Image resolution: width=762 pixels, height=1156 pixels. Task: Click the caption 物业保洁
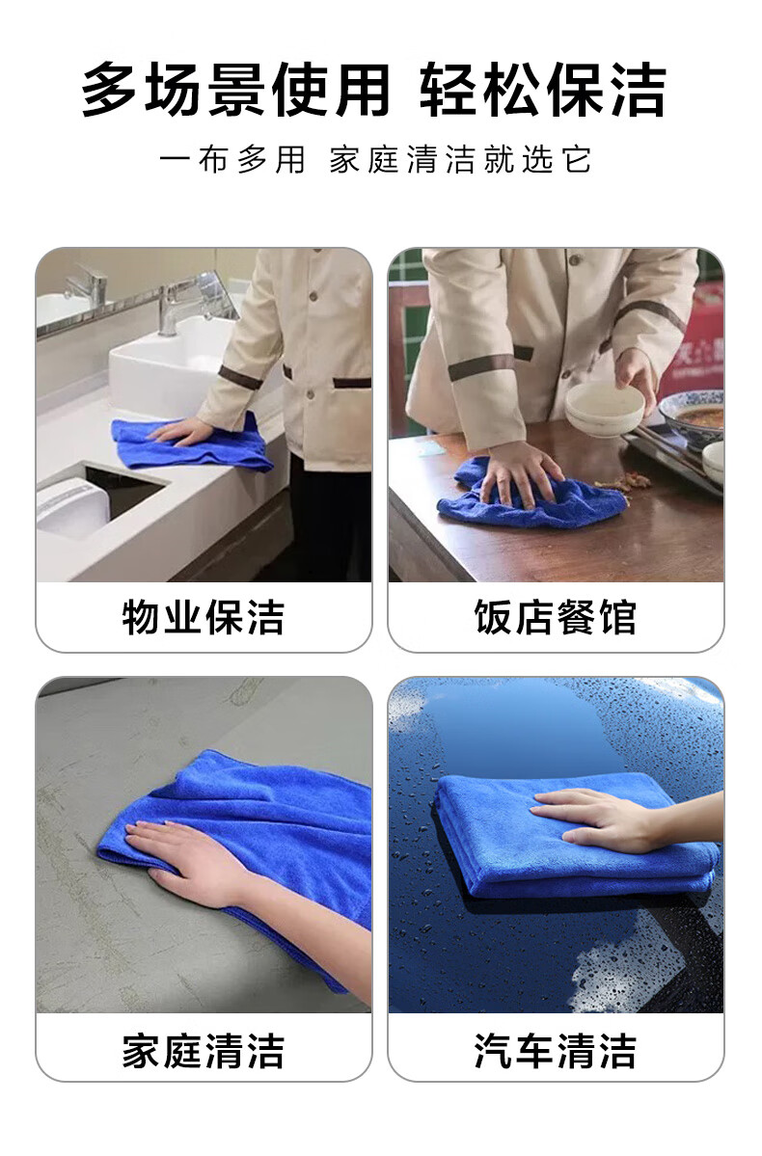(204, 617)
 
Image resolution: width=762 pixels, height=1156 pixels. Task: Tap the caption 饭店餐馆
(556, 617)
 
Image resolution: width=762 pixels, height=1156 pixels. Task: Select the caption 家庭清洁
(204, 1051)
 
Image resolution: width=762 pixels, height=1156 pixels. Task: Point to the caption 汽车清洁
(556, 1051)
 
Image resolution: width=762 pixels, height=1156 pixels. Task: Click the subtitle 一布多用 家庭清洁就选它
(375, 160)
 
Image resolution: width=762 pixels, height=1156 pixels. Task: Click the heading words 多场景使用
(235, 90)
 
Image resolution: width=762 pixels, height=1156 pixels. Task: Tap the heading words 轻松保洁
(544, 90)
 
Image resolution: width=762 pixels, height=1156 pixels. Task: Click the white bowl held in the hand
(604, 408)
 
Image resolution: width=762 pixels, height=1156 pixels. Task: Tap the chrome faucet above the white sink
(175, 305)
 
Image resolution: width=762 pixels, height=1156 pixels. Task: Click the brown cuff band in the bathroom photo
(240, 377)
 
